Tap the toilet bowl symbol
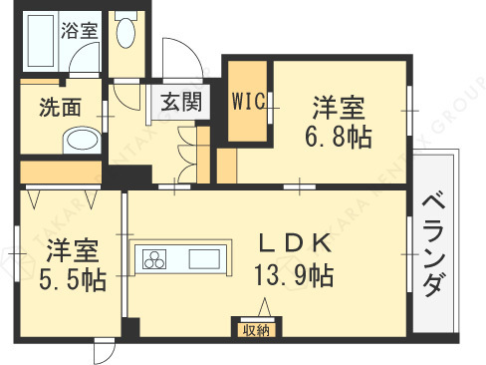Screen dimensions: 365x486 coord(125,34)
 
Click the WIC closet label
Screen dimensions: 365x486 coord(246,102)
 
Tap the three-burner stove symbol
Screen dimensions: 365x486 coord(157,260)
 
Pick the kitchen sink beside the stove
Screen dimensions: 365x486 coord(204,260)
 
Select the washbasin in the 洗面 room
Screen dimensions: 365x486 coord(77,142)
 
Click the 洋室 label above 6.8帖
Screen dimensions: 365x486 coord(339,105)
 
